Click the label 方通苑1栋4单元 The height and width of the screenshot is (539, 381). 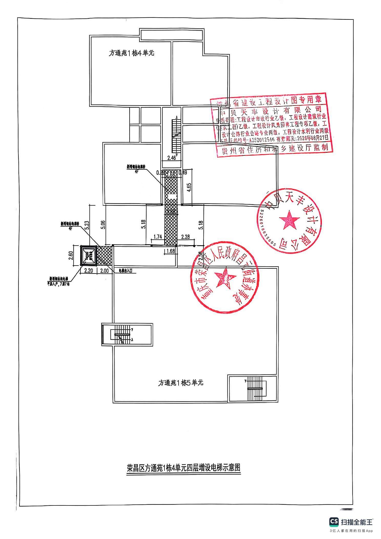coord(131,53)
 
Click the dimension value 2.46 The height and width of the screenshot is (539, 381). coord(171,158)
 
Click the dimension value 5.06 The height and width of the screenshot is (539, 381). coord(103,225)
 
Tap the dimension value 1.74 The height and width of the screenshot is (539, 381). coord(158,237)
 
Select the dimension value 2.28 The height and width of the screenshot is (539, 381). coord(185,237)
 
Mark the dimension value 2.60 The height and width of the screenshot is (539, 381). coord(71,255)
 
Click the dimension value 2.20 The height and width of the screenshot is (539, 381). coord(88,270)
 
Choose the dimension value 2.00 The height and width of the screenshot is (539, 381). coord(105,270)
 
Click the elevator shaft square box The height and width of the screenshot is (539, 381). coord(88,256)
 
